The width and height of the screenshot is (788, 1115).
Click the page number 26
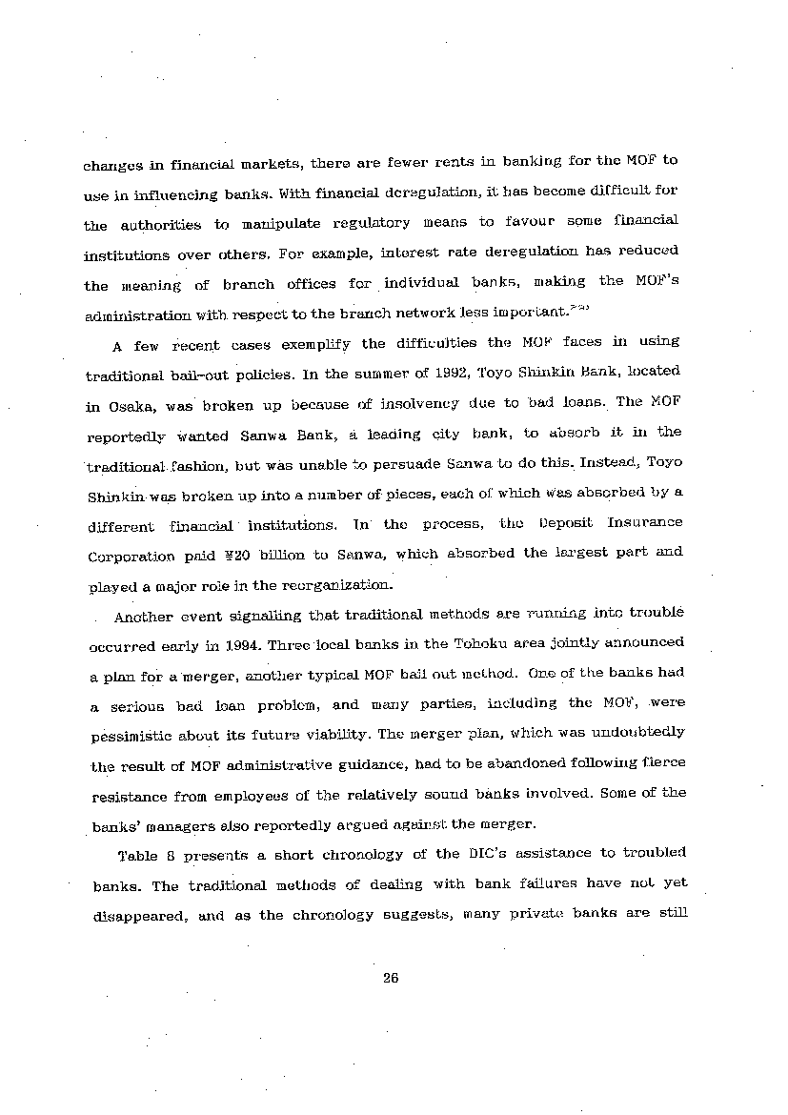390,977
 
